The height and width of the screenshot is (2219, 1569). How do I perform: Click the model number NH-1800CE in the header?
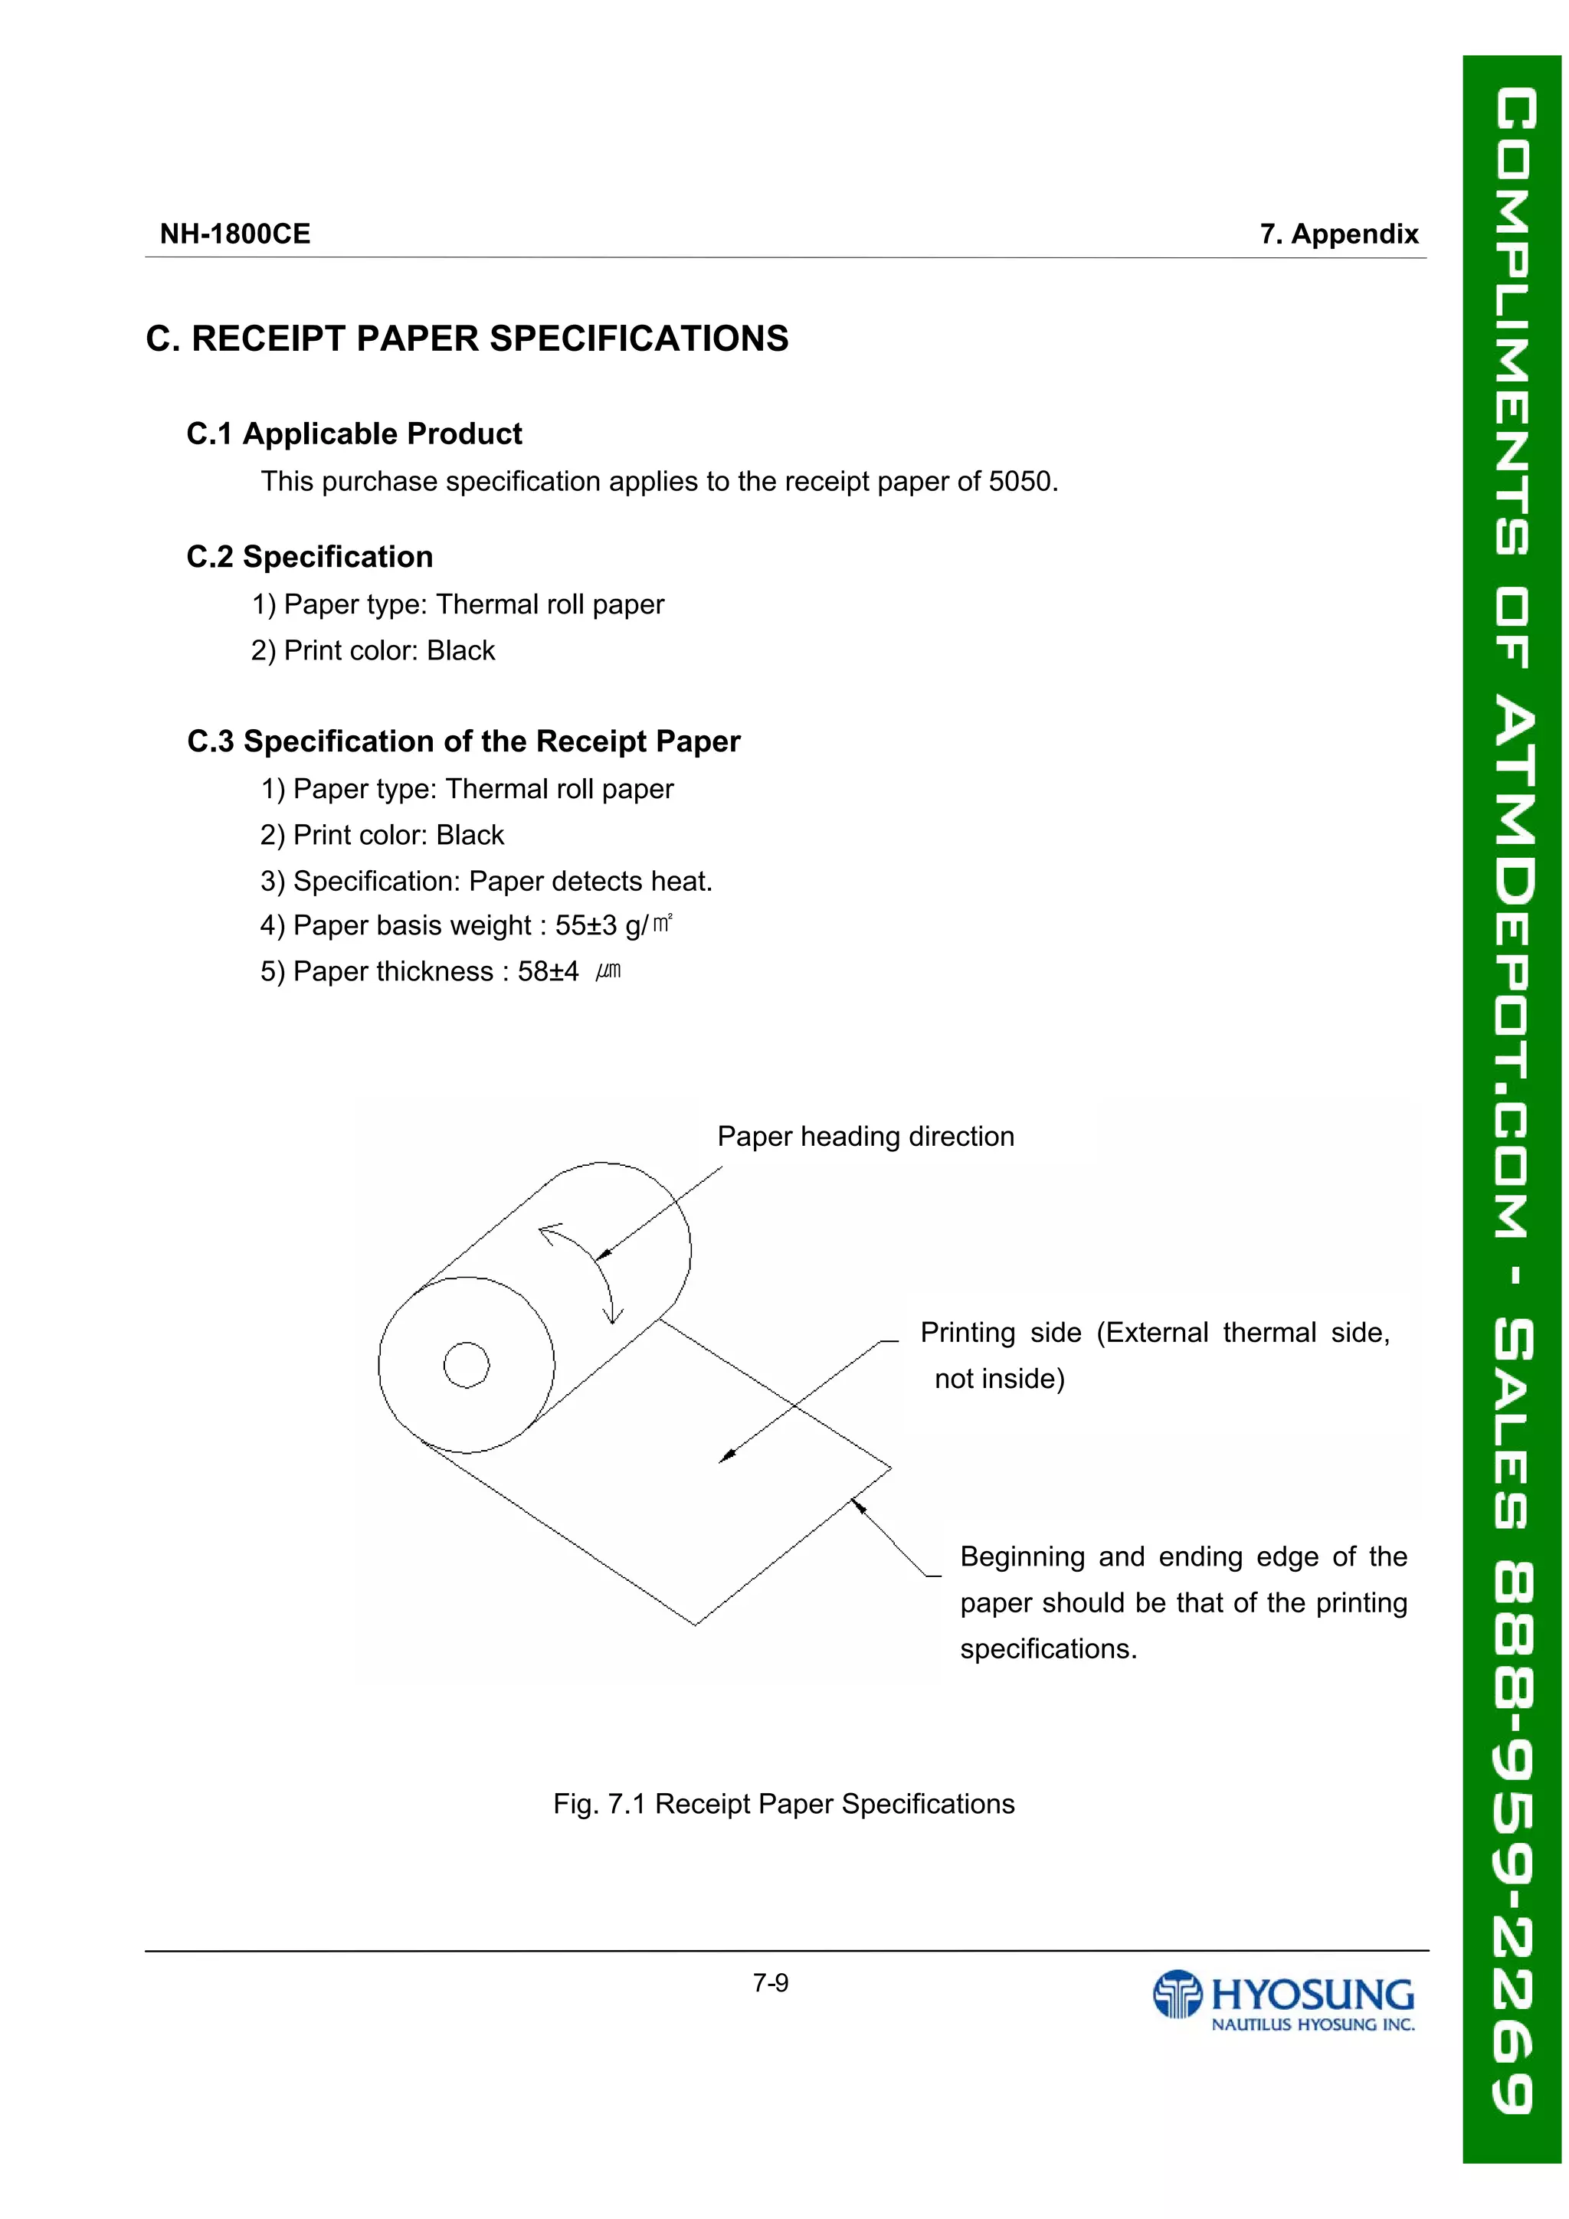(x=235, y=234)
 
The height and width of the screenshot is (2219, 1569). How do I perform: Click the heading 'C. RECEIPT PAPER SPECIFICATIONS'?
(x=467, y=339)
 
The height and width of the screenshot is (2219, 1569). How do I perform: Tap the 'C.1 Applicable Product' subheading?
(x=354, y=434)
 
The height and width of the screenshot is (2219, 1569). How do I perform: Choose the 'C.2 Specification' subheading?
(x=310, y=557)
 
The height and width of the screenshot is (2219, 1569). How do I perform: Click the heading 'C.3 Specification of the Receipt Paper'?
(x=464, y=741)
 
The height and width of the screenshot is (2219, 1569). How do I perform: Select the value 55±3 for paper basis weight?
(x=586, y=926)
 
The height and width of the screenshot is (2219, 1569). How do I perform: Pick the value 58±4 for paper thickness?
(x=548, y=971)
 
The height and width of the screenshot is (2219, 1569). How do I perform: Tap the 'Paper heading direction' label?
(x=865, y=1137)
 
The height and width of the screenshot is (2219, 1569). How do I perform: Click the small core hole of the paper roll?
(x=466, y=1365)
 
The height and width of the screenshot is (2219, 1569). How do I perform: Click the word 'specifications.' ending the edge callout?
(x=1048, y=1650)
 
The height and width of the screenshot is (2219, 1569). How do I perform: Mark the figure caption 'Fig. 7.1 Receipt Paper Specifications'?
(x=783, y=1805)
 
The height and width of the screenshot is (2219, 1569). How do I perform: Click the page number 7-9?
(x=771, y=1984)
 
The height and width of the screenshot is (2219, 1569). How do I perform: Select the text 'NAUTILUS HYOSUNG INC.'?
(x=1313, y=2024)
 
